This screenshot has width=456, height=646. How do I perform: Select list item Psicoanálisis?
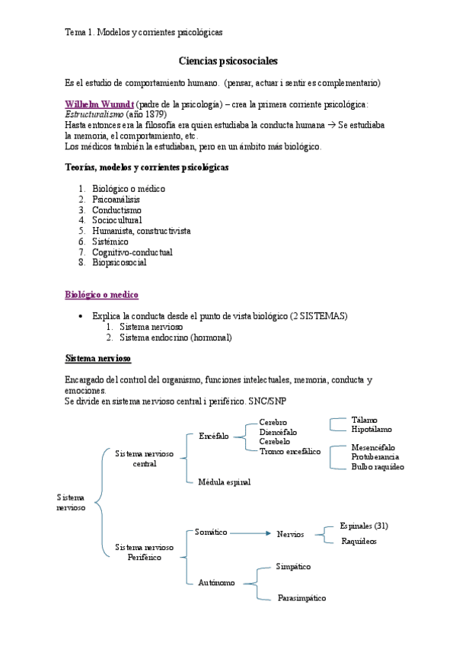click(x=116, y=199)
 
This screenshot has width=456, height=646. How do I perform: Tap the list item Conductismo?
click(x=116, y=209)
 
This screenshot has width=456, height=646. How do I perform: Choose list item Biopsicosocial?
click(x=120, y=262)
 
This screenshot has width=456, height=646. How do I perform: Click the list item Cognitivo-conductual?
click(x=132, y=251)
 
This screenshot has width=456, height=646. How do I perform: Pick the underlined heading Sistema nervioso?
click(x=98, y=357)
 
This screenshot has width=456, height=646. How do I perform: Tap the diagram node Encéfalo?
click(x=213, y=437)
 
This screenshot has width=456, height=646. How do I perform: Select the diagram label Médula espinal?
click(x=224, y=481)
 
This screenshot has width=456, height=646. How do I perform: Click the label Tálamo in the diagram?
click(x=365, y=419)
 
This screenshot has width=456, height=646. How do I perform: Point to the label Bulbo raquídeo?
click(x=378, y=466)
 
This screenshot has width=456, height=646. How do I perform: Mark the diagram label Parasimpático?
click(x=301, y=598)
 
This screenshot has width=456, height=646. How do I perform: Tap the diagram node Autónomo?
click(x=215, y=583)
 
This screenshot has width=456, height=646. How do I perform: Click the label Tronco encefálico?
click(x=290, y=451)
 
